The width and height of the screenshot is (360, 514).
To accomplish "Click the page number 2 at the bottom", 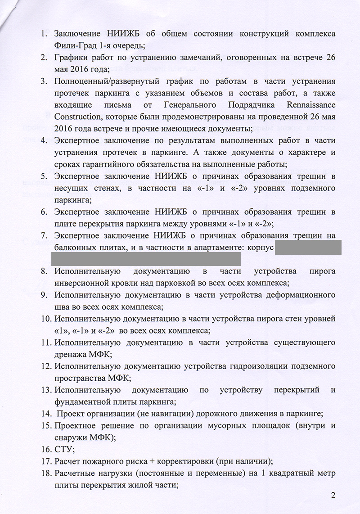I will (x=333, y=496).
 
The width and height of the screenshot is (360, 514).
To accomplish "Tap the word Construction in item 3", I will (x=77, y=117).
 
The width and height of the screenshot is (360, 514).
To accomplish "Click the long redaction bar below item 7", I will (x=146, y=259).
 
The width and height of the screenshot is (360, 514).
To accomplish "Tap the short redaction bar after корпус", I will (x=308, y=247).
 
